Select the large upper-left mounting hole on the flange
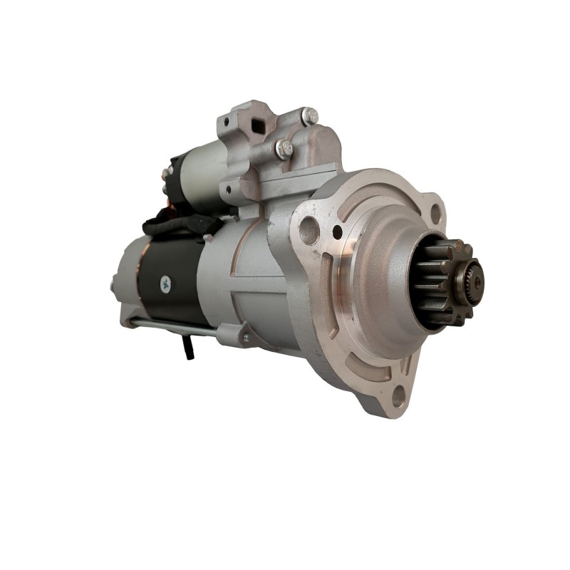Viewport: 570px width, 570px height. pyautogui.click(x=309, y=230)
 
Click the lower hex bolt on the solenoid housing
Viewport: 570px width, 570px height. pyautogui.click(x=284, y=149)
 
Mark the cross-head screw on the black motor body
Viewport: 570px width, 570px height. pyautogui.click(x=165, y=283)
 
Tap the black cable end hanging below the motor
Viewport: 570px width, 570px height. pyautogui.click(x=188, y=348)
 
